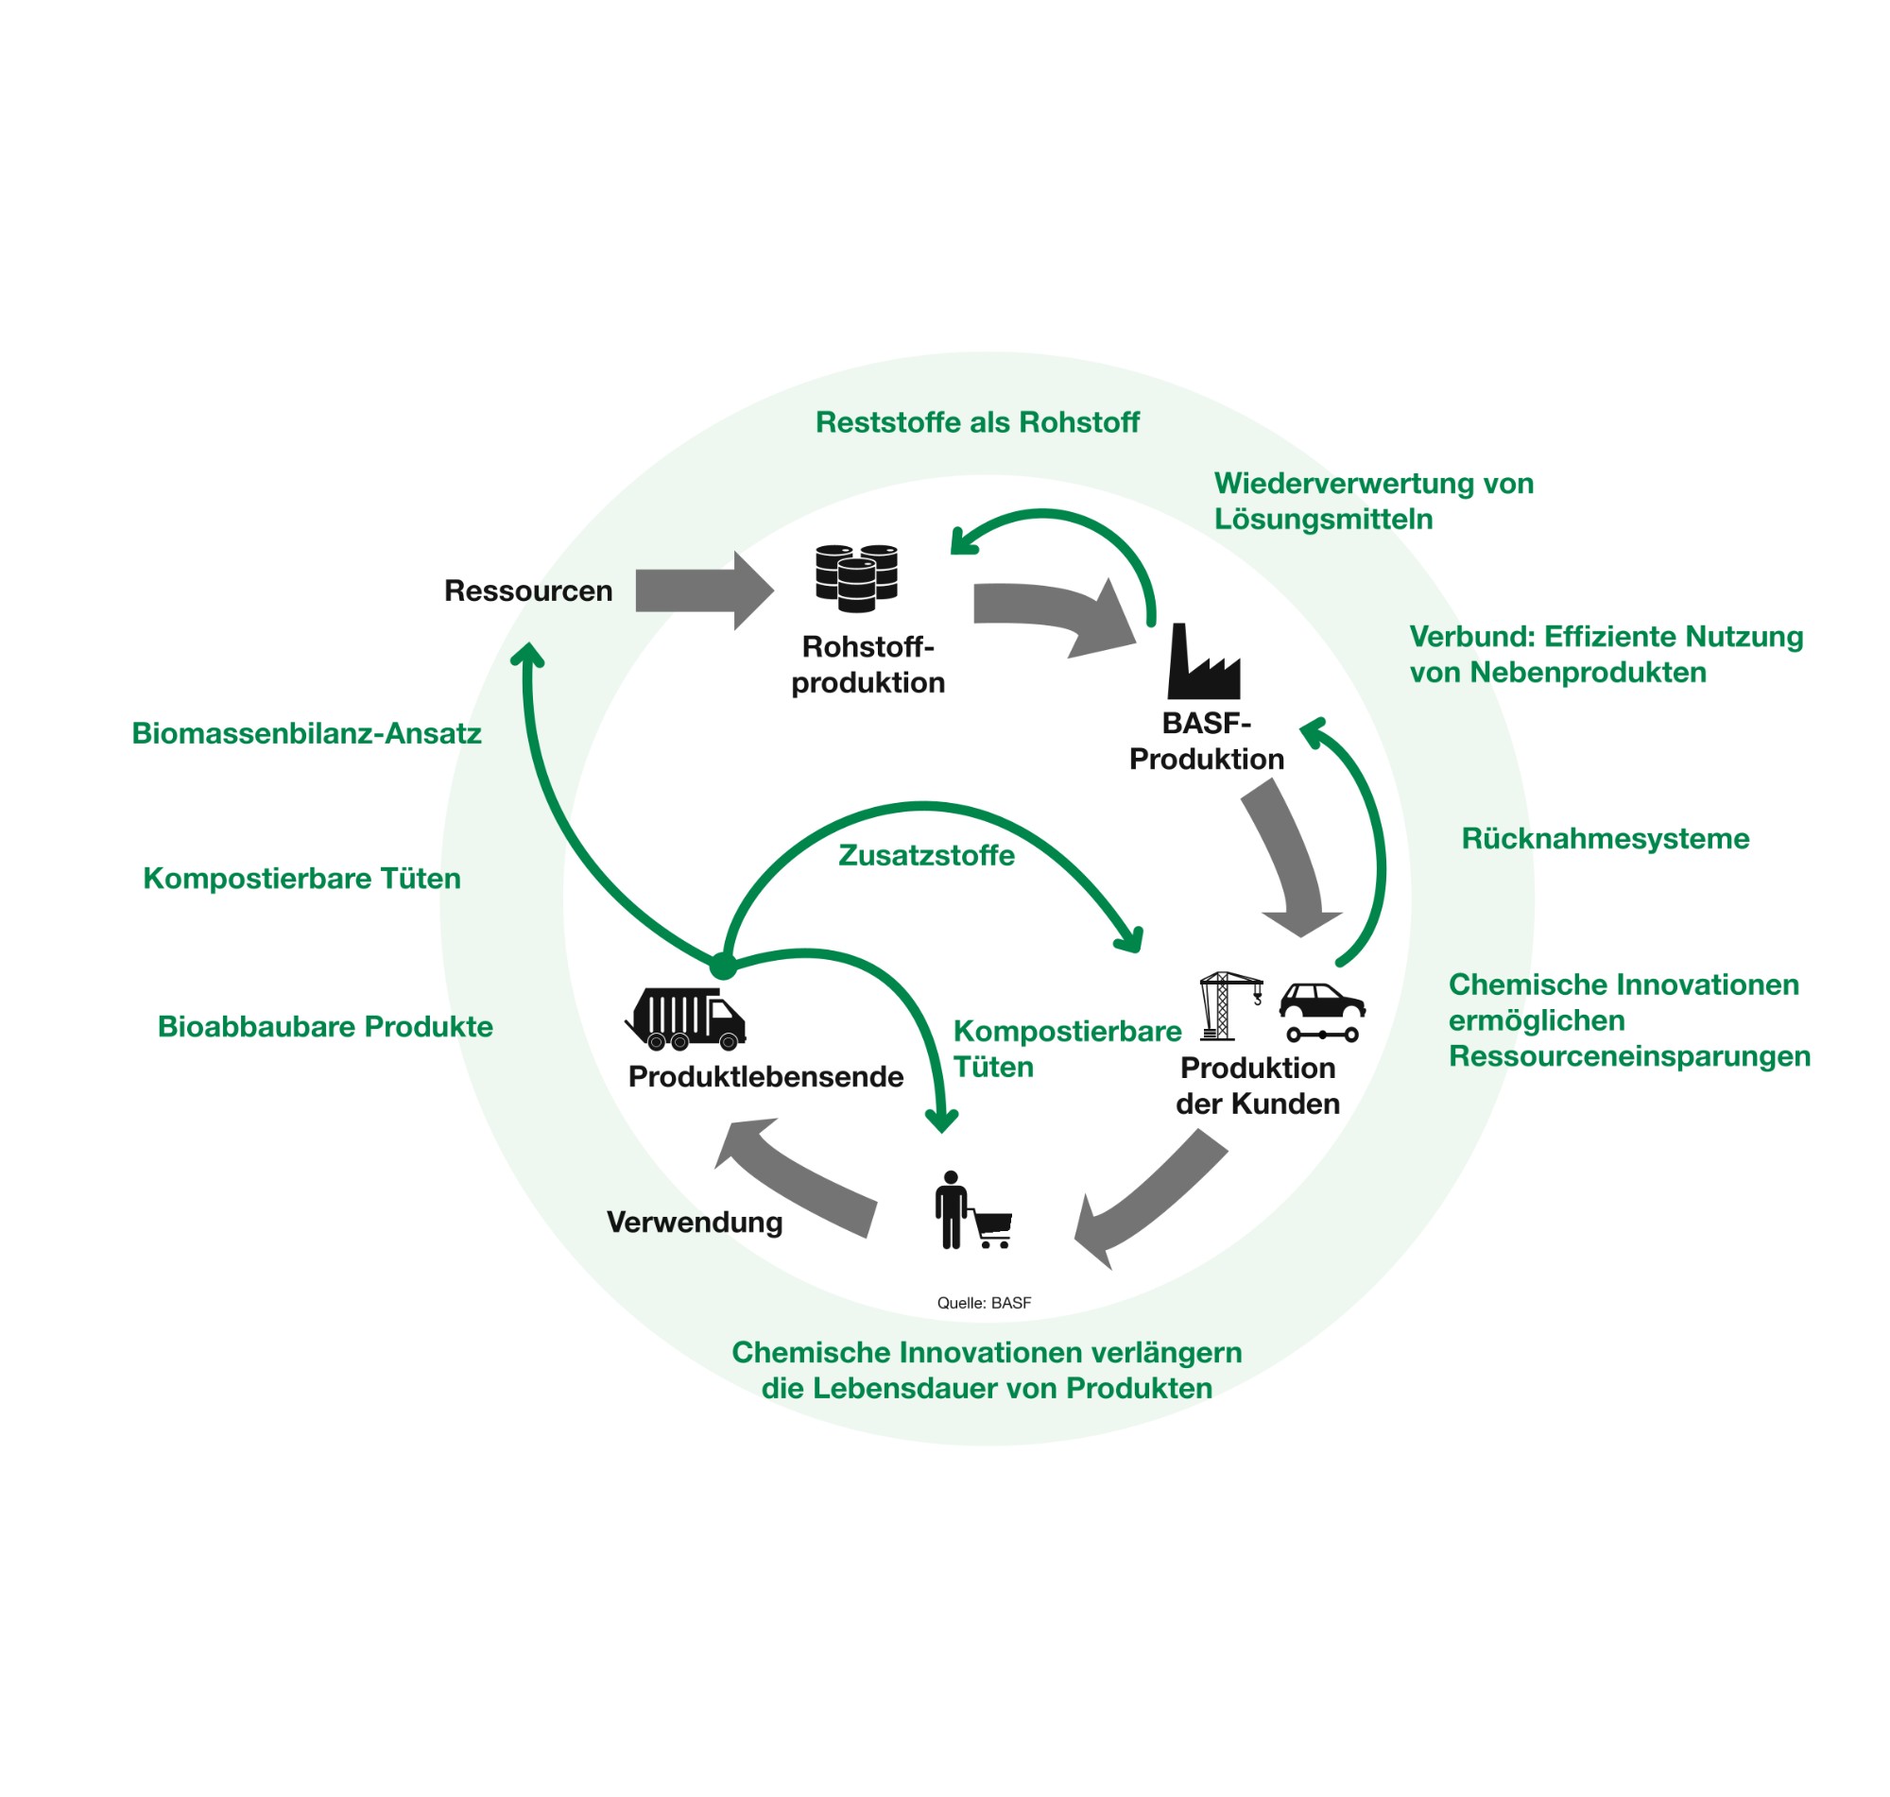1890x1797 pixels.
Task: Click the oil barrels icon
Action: coord(855,576)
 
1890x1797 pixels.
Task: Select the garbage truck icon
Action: coord(686,1018)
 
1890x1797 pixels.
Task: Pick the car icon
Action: coord(1321,1001)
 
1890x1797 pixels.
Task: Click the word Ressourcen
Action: coord(528,591)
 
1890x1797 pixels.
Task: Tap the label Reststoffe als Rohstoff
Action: coord(976,422)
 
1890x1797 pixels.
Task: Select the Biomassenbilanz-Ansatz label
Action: coord(306,734)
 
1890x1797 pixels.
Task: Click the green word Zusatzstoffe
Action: coord(925,855)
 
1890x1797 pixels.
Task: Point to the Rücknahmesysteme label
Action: coord(1605,839)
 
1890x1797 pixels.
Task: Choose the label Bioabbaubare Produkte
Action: coord(325,1027)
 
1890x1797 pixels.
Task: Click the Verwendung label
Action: coord(695,1223)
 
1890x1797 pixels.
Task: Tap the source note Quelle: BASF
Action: coord(984,1303)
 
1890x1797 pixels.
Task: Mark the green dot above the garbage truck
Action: coord(723,966)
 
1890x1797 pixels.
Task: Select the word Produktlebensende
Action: coord(765,1077)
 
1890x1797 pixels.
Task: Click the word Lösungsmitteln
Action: coord(1323,520)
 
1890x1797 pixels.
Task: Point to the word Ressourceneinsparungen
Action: coord(1628,1056)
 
